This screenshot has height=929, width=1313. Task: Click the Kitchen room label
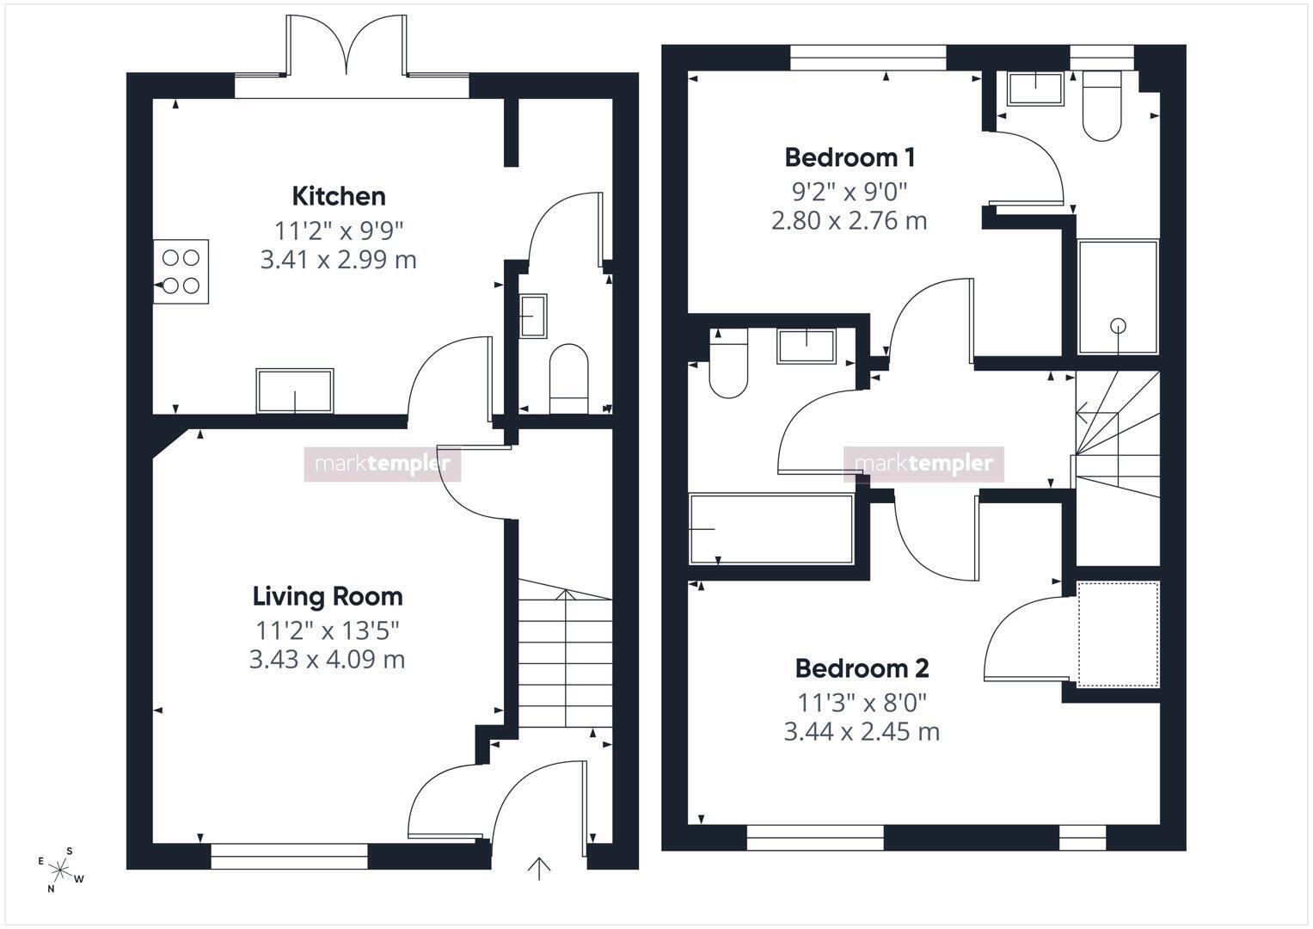point(339,196)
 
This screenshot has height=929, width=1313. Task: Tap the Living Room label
point(328,596)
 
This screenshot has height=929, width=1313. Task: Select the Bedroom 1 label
point(850,157)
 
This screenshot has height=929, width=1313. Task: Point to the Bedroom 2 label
point(862,668)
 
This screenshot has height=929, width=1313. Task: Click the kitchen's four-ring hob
point(181,272)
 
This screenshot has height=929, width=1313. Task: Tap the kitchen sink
point(295,391)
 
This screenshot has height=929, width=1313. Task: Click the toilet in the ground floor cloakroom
point(568,378)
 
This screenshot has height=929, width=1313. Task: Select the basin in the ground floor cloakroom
point(533,317)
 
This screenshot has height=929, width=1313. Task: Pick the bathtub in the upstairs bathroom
point(772,529)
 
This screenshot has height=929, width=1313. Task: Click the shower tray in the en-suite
point(1119,297)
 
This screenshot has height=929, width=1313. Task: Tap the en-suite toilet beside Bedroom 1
point(1102,106)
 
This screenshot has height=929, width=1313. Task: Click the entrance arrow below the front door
point(538,869)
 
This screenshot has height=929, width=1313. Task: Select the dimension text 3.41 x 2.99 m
point(339,260)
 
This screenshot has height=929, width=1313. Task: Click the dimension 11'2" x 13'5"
point(328,631)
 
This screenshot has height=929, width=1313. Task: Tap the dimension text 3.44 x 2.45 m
point(862,732)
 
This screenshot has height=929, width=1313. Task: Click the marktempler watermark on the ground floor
point(382,464)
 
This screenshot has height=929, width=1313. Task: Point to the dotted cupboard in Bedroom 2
point(1119,634)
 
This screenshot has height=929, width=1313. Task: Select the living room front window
point(289,856)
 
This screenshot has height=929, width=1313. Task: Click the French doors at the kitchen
point(347,46)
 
